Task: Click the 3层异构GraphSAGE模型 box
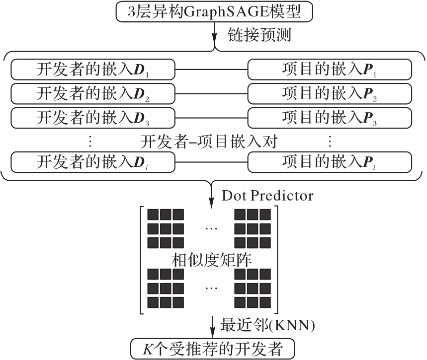click(x=214, y=12)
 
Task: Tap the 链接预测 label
click(x=258, y=36)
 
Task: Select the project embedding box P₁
click(x=330, y=70)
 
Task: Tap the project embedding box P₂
click(x=330, y=93)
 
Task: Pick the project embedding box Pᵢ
click(x=330, y=162)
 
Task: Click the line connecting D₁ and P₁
click(x=212, y=70)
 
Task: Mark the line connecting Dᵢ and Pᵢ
click(x=212, y=162)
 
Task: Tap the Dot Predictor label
click(x=267, y=196)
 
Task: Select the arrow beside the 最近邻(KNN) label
click(x=213, y=326)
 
